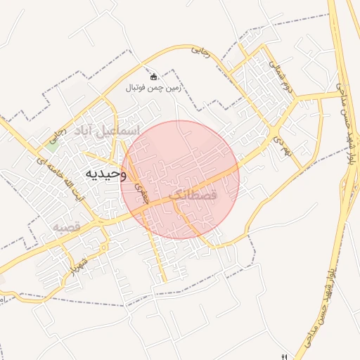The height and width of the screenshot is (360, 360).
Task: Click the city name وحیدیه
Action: (x=104, y=174)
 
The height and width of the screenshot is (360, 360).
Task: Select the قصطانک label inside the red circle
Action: (x=194, y=192)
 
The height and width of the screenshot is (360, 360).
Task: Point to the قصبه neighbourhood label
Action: (x=70, y=226)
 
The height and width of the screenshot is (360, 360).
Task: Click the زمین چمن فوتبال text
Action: (x=153, y=88)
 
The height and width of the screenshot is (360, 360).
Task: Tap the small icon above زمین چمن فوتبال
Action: (x=154, y=76)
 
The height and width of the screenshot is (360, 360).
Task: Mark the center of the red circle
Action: (x=180, y=179)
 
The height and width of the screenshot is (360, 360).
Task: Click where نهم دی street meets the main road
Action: (x=273, y=133)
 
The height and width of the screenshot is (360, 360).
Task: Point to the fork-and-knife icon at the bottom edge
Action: (x=284, y=356)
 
